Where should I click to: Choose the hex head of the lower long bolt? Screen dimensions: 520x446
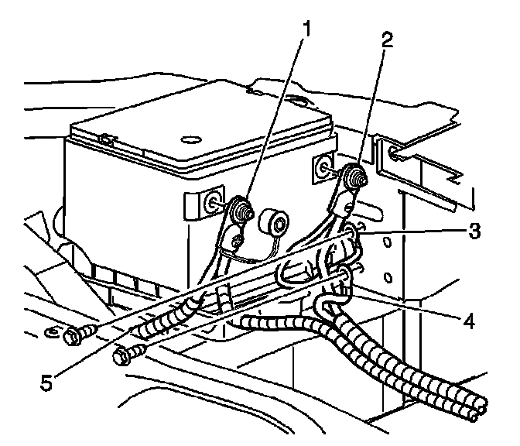click(122, 358)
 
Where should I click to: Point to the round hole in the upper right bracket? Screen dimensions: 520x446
click(395, 153)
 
